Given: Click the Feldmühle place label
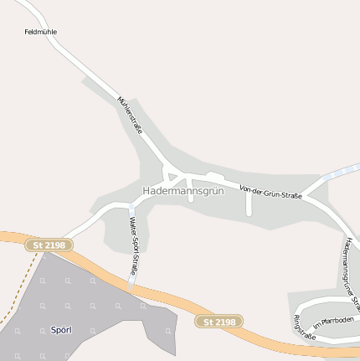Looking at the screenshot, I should tap(40, 32).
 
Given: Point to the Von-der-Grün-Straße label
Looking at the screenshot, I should tap(270, 192).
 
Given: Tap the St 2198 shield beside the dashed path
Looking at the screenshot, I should tap(49, 245).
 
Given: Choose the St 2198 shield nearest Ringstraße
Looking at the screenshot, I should tap(219, 322).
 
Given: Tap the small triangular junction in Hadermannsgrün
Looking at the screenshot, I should tap(173, 177).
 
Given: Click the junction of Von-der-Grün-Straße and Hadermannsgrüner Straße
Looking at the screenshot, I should tap(305, 198).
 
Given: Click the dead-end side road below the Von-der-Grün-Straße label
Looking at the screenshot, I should tap(249, 205).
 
